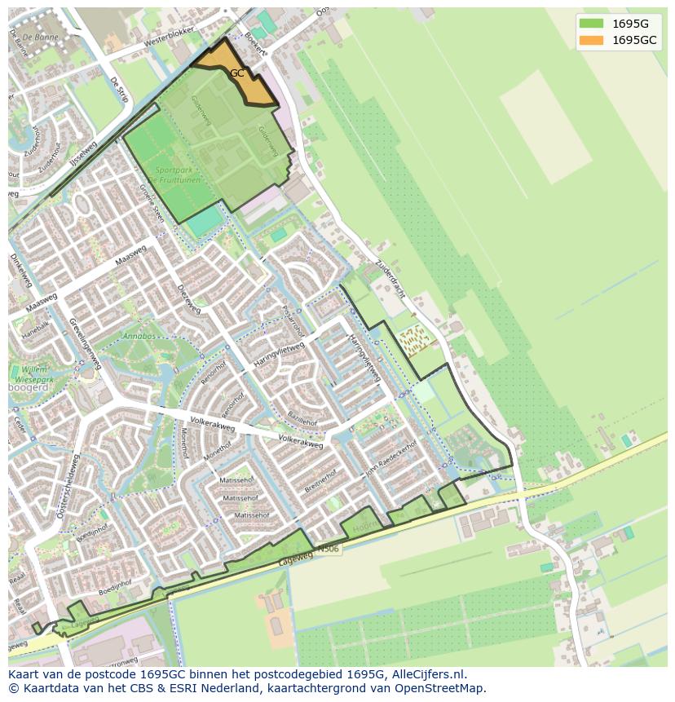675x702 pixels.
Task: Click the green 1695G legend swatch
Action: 592,24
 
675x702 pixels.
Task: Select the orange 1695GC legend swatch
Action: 592,40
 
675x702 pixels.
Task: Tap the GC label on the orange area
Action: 236,73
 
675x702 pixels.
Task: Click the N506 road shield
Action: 328,549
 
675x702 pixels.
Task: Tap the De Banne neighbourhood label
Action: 38,38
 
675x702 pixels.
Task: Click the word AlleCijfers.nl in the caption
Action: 429,674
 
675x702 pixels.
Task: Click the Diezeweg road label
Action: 188,298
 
